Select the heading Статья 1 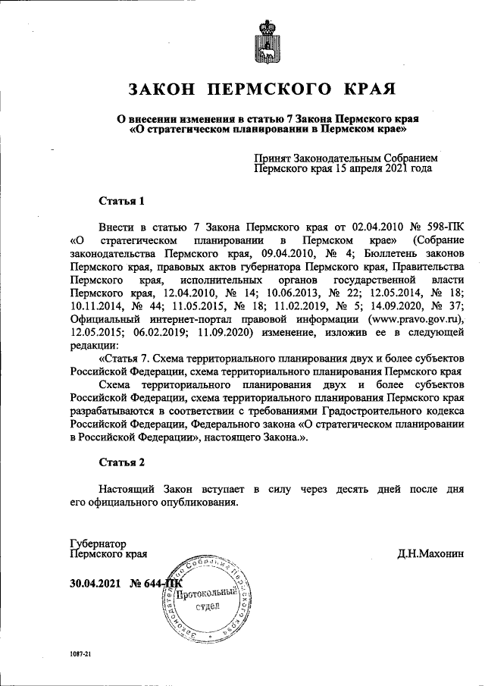click(x=121, y=201)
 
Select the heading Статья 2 click(x=121, y=462)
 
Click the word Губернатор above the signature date click(x=97, y=543)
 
